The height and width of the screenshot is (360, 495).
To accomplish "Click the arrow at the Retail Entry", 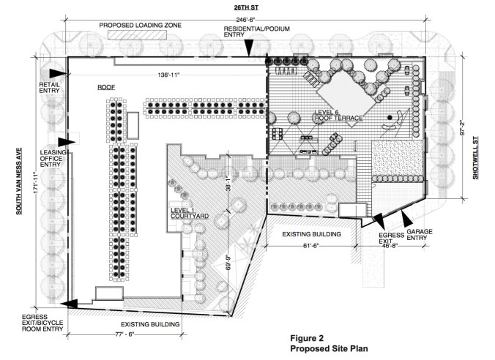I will (58, 73).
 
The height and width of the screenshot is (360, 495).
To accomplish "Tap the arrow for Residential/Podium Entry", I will (249, 48).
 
